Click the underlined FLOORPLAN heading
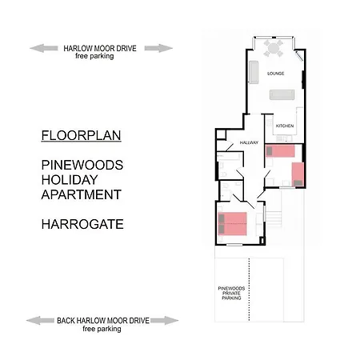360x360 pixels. point(81,135)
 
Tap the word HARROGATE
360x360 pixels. point(82,224)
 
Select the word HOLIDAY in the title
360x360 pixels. point(70,180)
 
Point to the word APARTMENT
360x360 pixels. point(82,194)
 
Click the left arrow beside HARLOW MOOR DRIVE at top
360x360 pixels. point(44,48)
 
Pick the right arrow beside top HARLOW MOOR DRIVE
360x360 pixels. point(158,48)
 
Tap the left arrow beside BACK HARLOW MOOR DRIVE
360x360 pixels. point(40,321)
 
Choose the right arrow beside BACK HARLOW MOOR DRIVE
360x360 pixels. point(164,321)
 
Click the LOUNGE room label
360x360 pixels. point(276,74)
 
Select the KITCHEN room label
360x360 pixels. point(285,126)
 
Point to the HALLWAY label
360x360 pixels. point(249,142)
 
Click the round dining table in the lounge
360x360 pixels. point(274,48)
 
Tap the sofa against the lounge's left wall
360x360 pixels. point(254,72)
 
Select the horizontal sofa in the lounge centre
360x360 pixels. point(282,94)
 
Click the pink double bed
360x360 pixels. point(232,224)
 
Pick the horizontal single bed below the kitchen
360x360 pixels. point(280,151)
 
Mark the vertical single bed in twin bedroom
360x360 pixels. point(298,174)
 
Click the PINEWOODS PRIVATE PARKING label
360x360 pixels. point(231,293)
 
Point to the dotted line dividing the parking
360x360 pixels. point(250,290)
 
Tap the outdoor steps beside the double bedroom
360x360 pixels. point(274,218)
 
